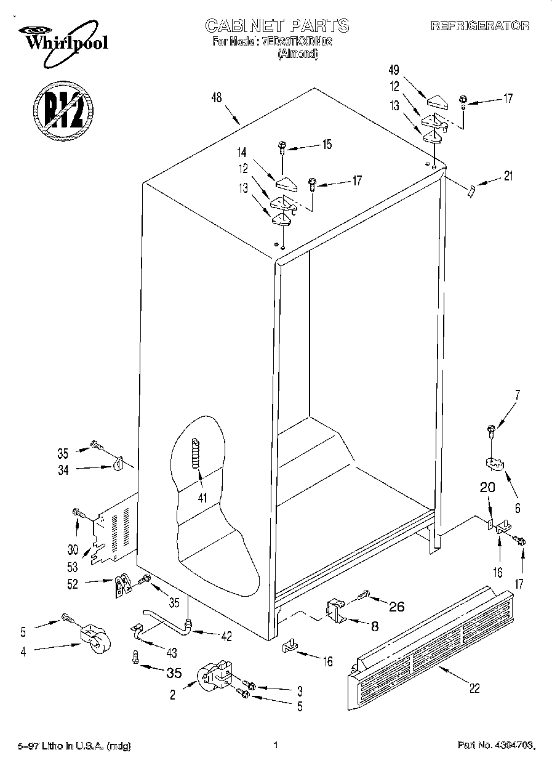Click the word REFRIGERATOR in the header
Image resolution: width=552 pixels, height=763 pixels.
point(480,26)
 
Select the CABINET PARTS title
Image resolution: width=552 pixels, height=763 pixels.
point(276,25)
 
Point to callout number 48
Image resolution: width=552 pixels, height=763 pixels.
point(216,98)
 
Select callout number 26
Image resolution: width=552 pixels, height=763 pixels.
point(397,607)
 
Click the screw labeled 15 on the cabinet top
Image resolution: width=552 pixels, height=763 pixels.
point(282,147)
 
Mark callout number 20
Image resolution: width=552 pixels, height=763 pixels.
point(487,488)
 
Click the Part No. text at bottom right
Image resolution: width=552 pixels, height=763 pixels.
point(492,746)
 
